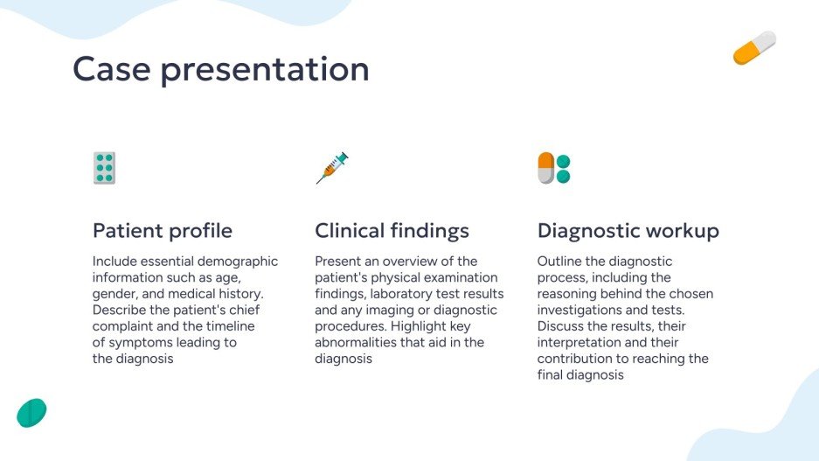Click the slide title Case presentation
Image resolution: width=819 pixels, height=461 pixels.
point(220,69)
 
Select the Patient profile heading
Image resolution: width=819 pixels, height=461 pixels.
point(163,231)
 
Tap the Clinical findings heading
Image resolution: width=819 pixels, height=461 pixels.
point(392,231)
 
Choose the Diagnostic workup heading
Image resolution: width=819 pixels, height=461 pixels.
point(628,231)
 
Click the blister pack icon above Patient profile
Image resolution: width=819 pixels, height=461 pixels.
point(104,168)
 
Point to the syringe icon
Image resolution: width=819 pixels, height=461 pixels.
point(331,168)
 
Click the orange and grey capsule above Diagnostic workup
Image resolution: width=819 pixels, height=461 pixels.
point(546,168)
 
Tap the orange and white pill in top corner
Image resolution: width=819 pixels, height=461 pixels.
point(754,48)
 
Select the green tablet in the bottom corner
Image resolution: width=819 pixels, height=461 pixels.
point(31,412)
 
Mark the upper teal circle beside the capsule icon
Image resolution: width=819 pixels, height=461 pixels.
point(564,162)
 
